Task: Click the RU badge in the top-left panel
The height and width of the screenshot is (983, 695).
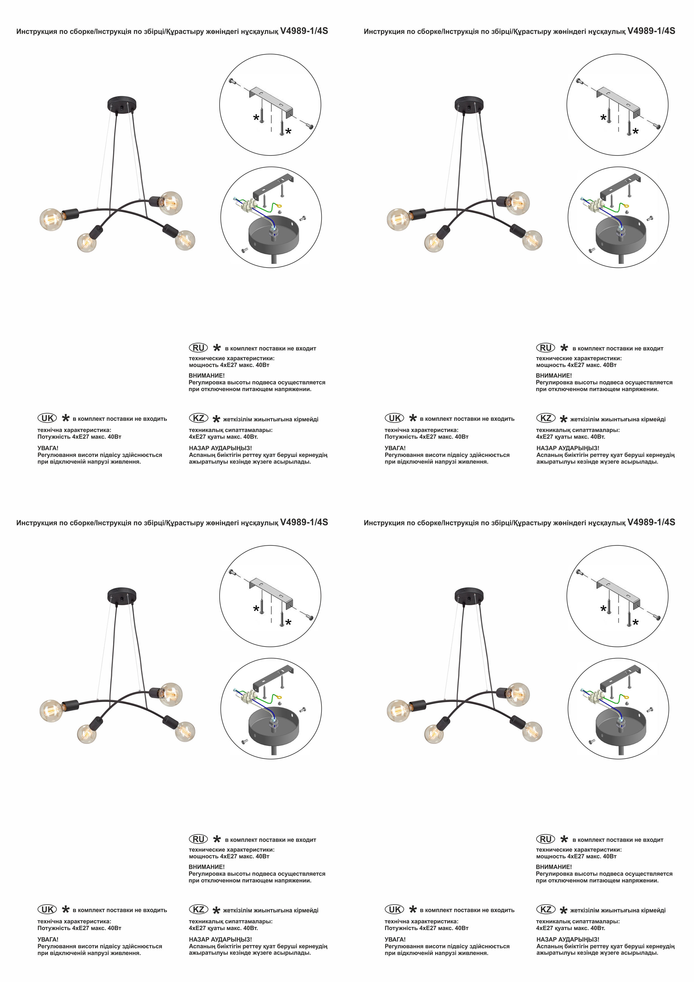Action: [198, 348]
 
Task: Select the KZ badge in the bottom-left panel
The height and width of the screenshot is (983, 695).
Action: [199, 909]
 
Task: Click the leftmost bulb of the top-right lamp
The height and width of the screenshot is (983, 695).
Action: [398, 220]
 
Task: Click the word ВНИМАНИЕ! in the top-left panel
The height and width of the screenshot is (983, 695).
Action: [207, 375]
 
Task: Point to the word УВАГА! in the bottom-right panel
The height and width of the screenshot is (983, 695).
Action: [395, 939]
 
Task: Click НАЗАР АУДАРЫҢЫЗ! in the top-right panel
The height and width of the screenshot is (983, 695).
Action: [568, 448]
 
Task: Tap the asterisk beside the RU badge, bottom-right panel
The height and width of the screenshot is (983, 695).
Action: [564, 839]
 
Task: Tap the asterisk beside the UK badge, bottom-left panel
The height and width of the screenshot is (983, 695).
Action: [66, 909]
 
